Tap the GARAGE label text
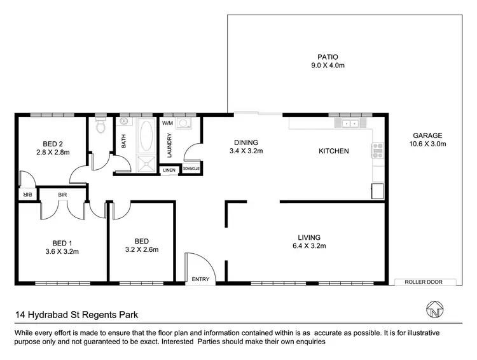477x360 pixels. pos(427,135)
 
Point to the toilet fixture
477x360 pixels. pos(99,126)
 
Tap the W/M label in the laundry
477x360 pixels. pos(169,123)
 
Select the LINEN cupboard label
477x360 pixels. pos(169,170)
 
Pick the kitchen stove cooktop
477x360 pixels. pos(377,151)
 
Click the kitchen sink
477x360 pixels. pos(349,123)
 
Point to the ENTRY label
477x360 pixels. pos(200,279)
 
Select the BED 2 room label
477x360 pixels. pos(52,144)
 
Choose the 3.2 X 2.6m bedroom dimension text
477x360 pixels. pos(142,250)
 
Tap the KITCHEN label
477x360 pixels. pos(334,151)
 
